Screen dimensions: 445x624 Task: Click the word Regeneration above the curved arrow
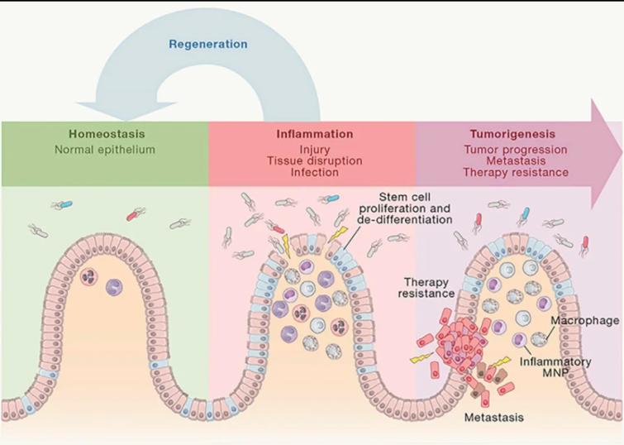coord(208,43)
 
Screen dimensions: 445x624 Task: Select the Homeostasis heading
coord(103,134)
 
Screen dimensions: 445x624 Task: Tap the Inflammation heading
coord(314,134)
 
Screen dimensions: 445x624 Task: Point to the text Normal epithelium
coord(103,150)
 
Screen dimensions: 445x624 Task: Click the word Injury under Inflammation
coord(314,148)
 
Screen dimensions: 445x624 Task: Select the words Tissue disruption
coord(314,160)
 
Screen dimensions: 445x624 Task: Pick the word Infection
coord(314,173)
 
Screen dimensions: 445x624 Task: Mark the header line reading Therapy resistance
coord(516,172)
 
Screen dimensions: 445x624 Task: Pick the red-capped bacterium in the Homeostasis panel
coord(133,215)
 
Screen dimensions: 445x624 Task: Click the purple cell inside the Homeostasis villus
coord(114,288)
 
